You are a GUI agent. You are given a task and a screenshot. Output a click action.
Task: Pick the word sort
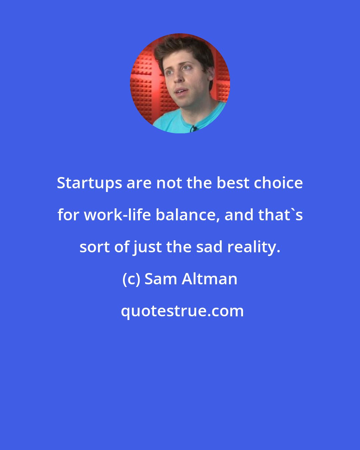point(95,247)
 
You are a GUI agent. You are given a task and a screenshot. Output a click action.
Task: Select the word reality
point(252,247)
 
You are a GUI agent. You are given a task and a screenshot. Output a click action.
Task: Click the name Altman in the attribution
point(209,279)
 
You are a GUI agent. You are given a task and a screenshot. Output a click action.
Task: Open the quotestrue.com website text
point(182,311)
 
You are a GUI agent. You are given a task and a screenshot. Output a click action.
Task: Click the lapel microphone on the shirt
point(193,128)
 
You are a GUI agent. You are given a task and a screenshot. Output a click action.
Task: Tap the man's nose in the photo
point(179,79)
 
